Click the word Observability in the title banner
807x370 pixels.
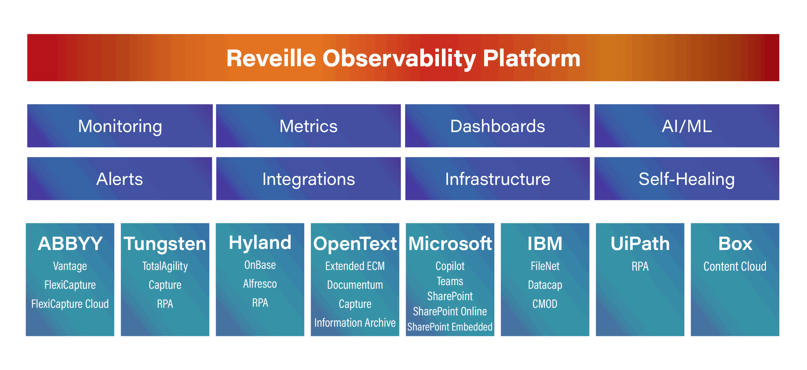click(399, 59)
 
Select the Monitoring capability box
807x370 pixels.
click(120, 126)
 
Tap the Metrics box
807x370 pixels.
click(308, 126)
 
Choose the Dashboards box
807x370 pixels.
click(497, 126)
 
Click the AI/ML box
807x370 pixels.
click(687, 126)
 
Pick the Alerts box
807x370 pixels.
click(119, 179)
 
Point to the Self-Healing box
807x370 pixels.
click(687, 179)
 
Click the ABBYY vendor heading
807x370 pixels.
click(70, 243)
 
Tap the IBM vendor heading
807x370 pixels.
click(545, 243)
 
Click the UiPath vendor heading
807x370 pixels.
click(640, 243)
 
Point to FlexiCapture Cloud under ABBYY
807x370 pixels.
click(70, 304)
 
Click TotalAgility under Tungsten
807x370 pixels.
click(165, 266)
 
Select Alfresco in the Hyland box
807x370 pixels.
click(260, 284)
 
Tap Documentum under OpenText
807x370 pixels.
click(355, 285)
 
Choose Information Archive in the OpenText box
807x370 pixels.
click(355, 323)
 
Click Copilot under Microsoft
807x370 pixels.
click(450, 266)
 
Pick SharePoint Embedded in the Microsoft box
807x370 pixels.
click(450, 327)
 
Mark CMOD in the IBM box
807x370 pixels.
click(545, 304)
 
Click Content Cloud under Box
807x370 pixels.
click(735, 266)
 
